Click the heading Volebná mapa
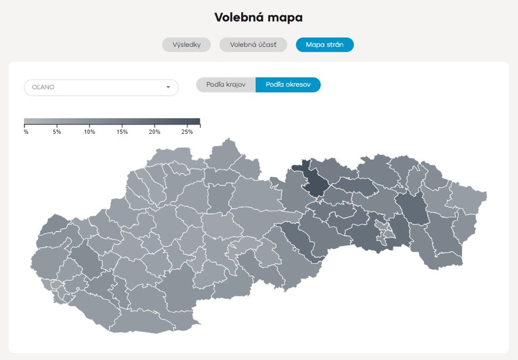[258, 17]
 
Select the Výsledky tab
[186, 45]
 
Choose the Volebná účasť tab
[253, 45]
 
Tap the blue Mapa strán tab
[324, 45]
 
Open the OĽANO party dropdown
[101, 88]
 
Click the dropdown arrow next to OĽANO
[168, 88]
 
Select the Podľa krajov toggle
[226, 85]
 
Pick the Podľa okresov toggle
[288, 85]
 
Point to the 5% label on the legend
[57, 132]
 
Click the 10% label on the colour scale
[89, 132]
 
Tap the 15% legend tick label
[122, 132]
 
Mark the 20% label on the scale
[154, 132]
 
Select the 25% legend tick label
[187, 132]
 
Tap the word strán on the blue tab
[334, 45]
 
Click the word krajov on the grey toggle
[235, 85]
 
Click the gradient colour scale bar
[112, 122]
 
